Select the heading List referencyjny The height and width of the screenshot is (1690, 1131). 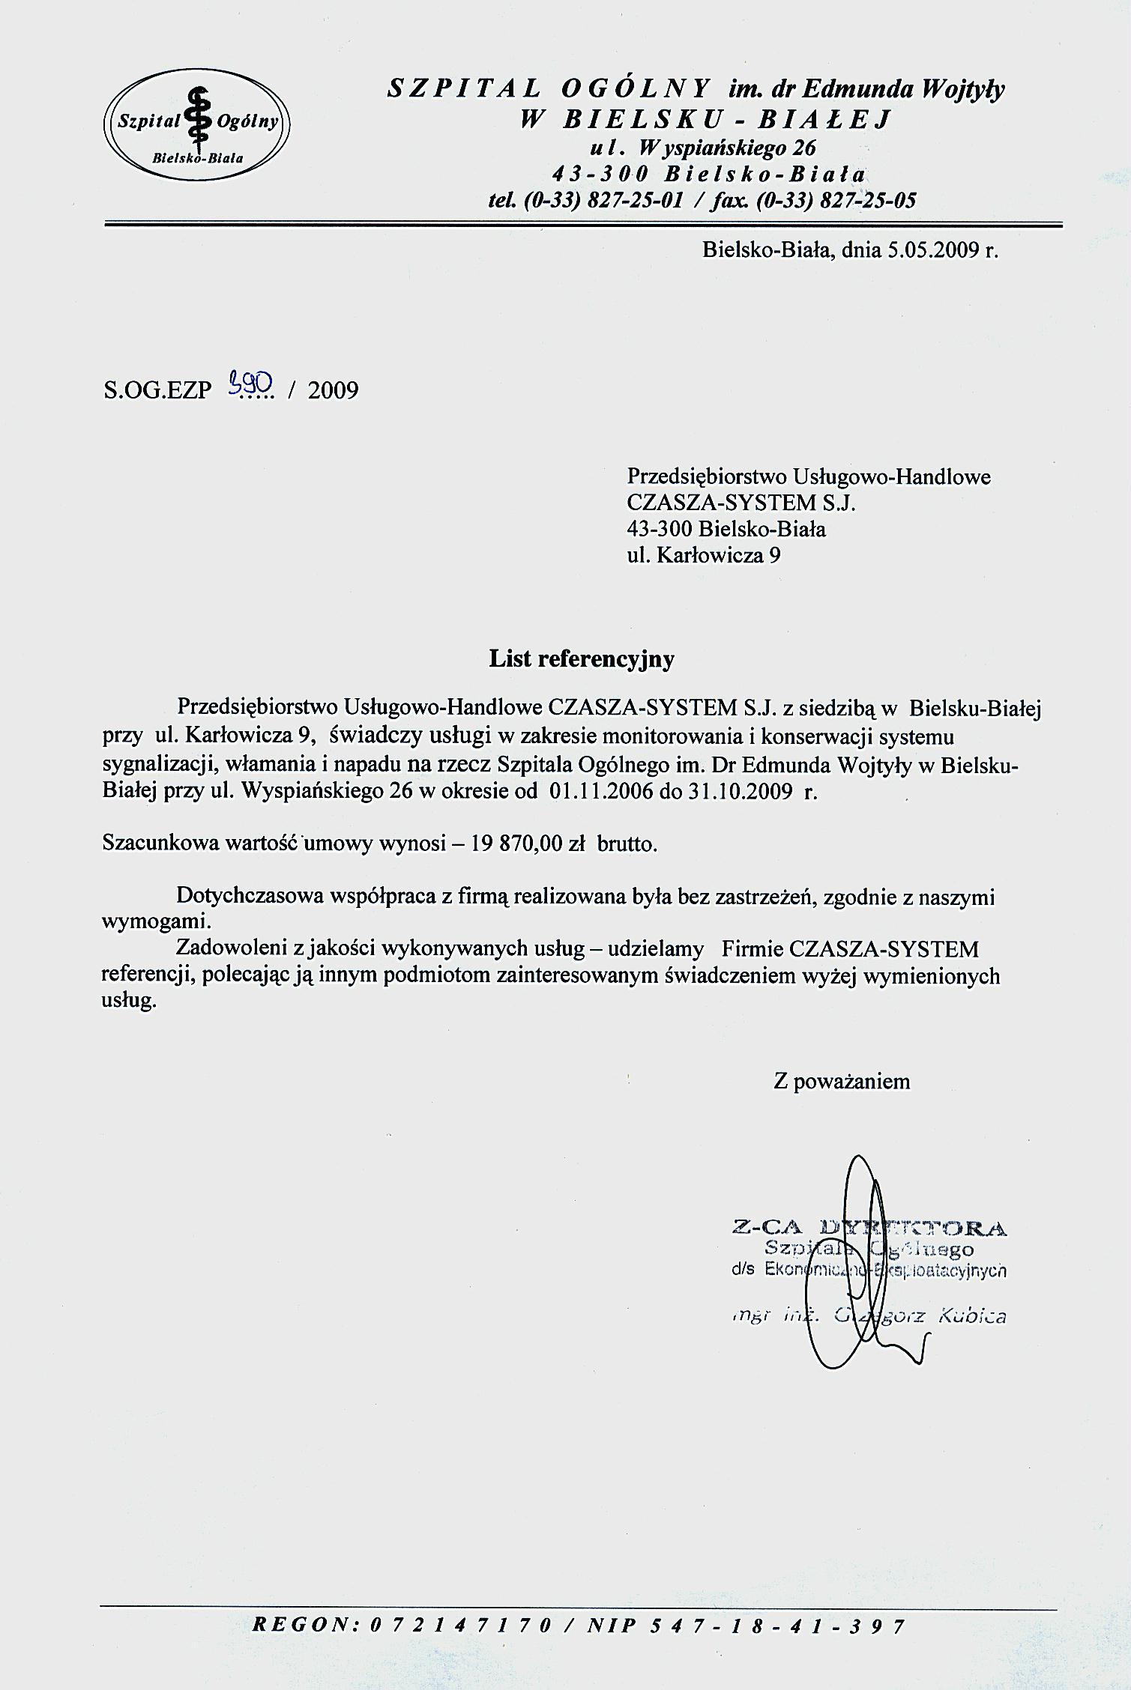pyautogui.click(x=582, y=658)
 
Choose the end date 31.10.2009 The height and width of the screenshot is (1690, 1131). pyautogui.click(x=739, y=792)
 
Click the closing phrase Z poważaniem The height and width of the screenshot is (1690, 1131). pyautogui.click(x=842, y=1081)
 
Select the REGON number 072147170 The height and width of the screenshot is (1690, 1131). pyautogui.click(x=462, y=1647)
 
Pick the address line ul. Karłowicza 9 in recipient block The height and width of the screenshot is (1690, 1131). pyautogui.click(x=703, y=555)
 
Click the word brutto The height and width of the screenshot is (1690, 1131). pyautogui.click(x=627, y=844)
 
